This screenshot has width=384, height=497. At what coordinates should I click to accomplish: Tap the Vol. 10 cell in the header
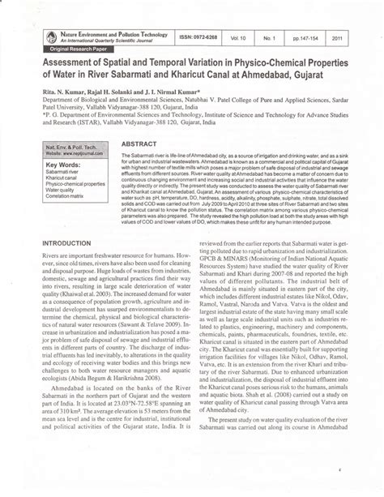[260, 37]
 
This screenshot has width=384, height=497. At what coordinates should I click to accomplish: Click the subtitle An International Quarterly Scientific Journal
[111, 41]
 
